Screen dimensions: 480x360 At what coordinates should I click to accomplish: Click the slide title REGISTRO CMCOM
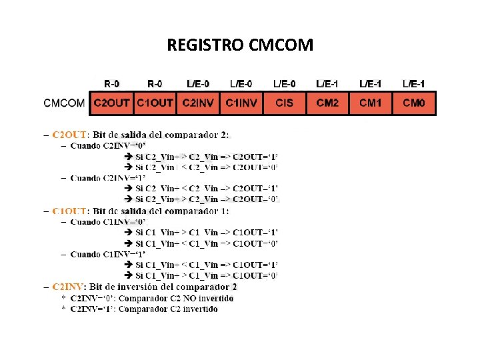click(240, 45)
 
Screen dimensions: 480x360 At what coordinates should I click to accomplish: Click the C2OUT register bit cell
click(111, 103)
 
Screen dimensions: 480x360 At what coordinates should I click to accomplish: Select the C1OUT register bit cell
click(155, 103)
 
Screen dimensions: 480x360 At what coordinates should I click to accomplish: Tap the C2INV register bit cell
click(198, 103)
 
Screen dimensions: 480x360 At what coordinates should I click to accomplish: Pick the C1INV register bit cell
click(241, 103)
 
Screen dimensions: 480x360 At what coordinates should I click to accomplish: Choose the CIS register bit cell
click(284, 103)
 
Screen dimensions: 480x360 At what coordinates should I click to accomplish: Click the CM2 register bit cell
click(327, 103)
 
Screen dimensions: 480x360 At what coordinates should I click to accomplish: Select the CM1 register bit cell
click(371, 103)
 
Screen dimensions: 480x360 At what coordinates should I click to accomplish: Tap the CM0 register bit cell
click(414, 103)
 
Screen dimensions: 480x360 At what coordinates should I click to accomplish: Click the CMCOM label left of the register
click(64, 103)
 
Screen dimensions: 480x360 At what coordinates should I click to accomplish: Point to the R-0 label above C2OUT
click(112, 84)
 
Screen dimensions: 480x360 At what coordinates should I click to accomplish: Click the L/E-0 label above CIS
click(285, 84)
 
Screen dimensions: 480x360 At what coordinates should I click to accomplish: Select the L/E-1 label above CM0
click(414, 84)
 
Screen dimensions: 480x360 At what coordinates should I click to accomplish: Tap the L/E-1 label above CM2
click(327, 84)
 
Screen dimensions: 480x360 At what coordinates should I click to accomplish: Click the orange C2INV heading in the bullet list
click(69, 287)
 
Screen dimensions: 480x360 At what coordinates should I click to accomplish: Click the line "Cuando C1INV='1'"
click(107, 254)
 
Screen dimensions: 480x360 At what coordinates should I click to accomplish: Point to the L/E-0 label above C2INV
click(198, 84)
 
